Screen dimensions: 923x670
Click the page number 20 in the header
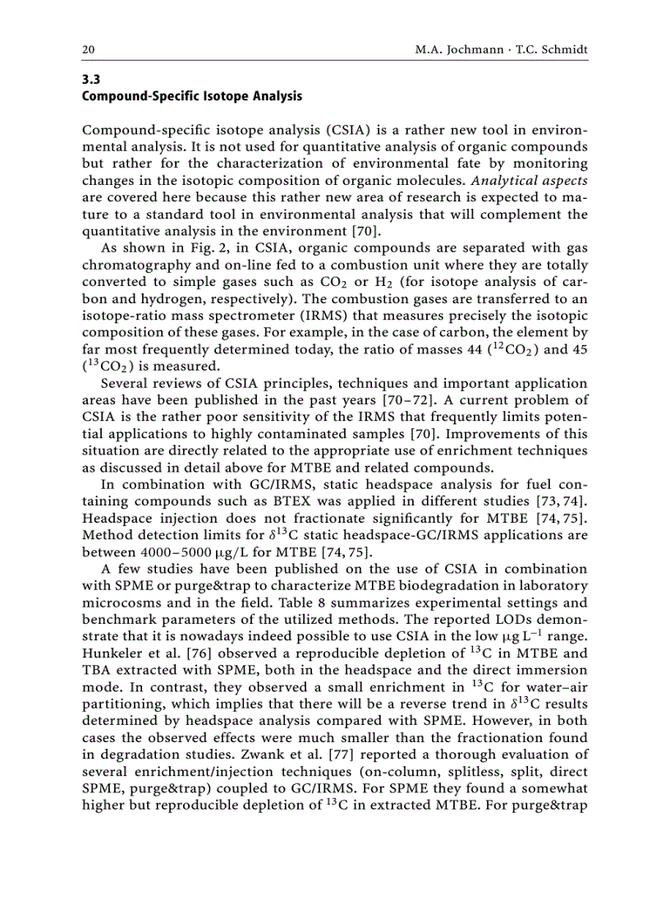pyautogui.click(x=88, y=50)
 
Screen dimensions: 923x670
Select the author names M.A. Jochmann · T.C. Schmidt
pyautogui.click(x=502, y=50)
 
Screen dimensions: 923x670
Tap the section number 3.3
pyautogui.click(x=90, y=81)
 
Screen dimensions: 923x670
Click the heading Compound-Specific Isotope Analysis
pyautogui.click(x=192, y=97)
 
